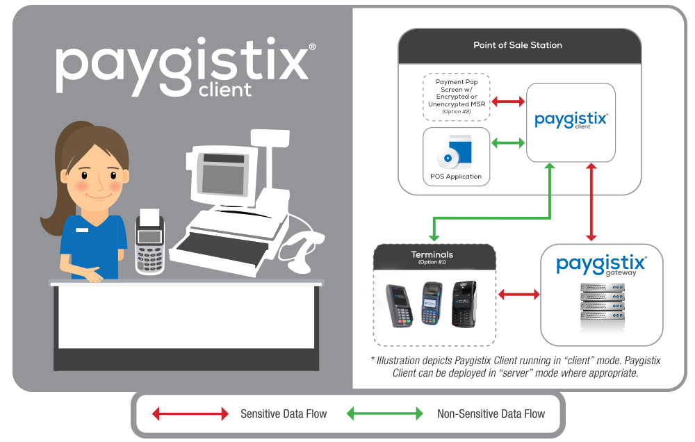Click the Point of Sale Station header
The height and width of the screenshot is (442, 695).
point(518,45)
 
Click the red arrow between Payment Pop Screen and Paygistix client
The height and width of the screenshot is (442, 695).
point(508,102)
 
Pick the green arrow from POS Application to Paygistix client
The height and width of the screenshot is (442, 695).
point(508,144)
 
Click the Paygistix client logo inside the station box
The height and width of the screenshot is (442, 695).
point(571,121)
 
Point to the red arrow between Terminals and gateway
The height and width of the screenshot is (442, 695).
point(518,295)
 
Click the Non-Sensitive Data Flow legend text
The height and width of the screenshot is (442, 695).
point(491,414)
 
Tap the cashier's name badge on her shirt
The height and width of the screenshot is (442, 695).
point(83,229)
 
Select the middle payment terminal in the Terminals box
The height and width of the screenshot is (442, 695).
point(432,304)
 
